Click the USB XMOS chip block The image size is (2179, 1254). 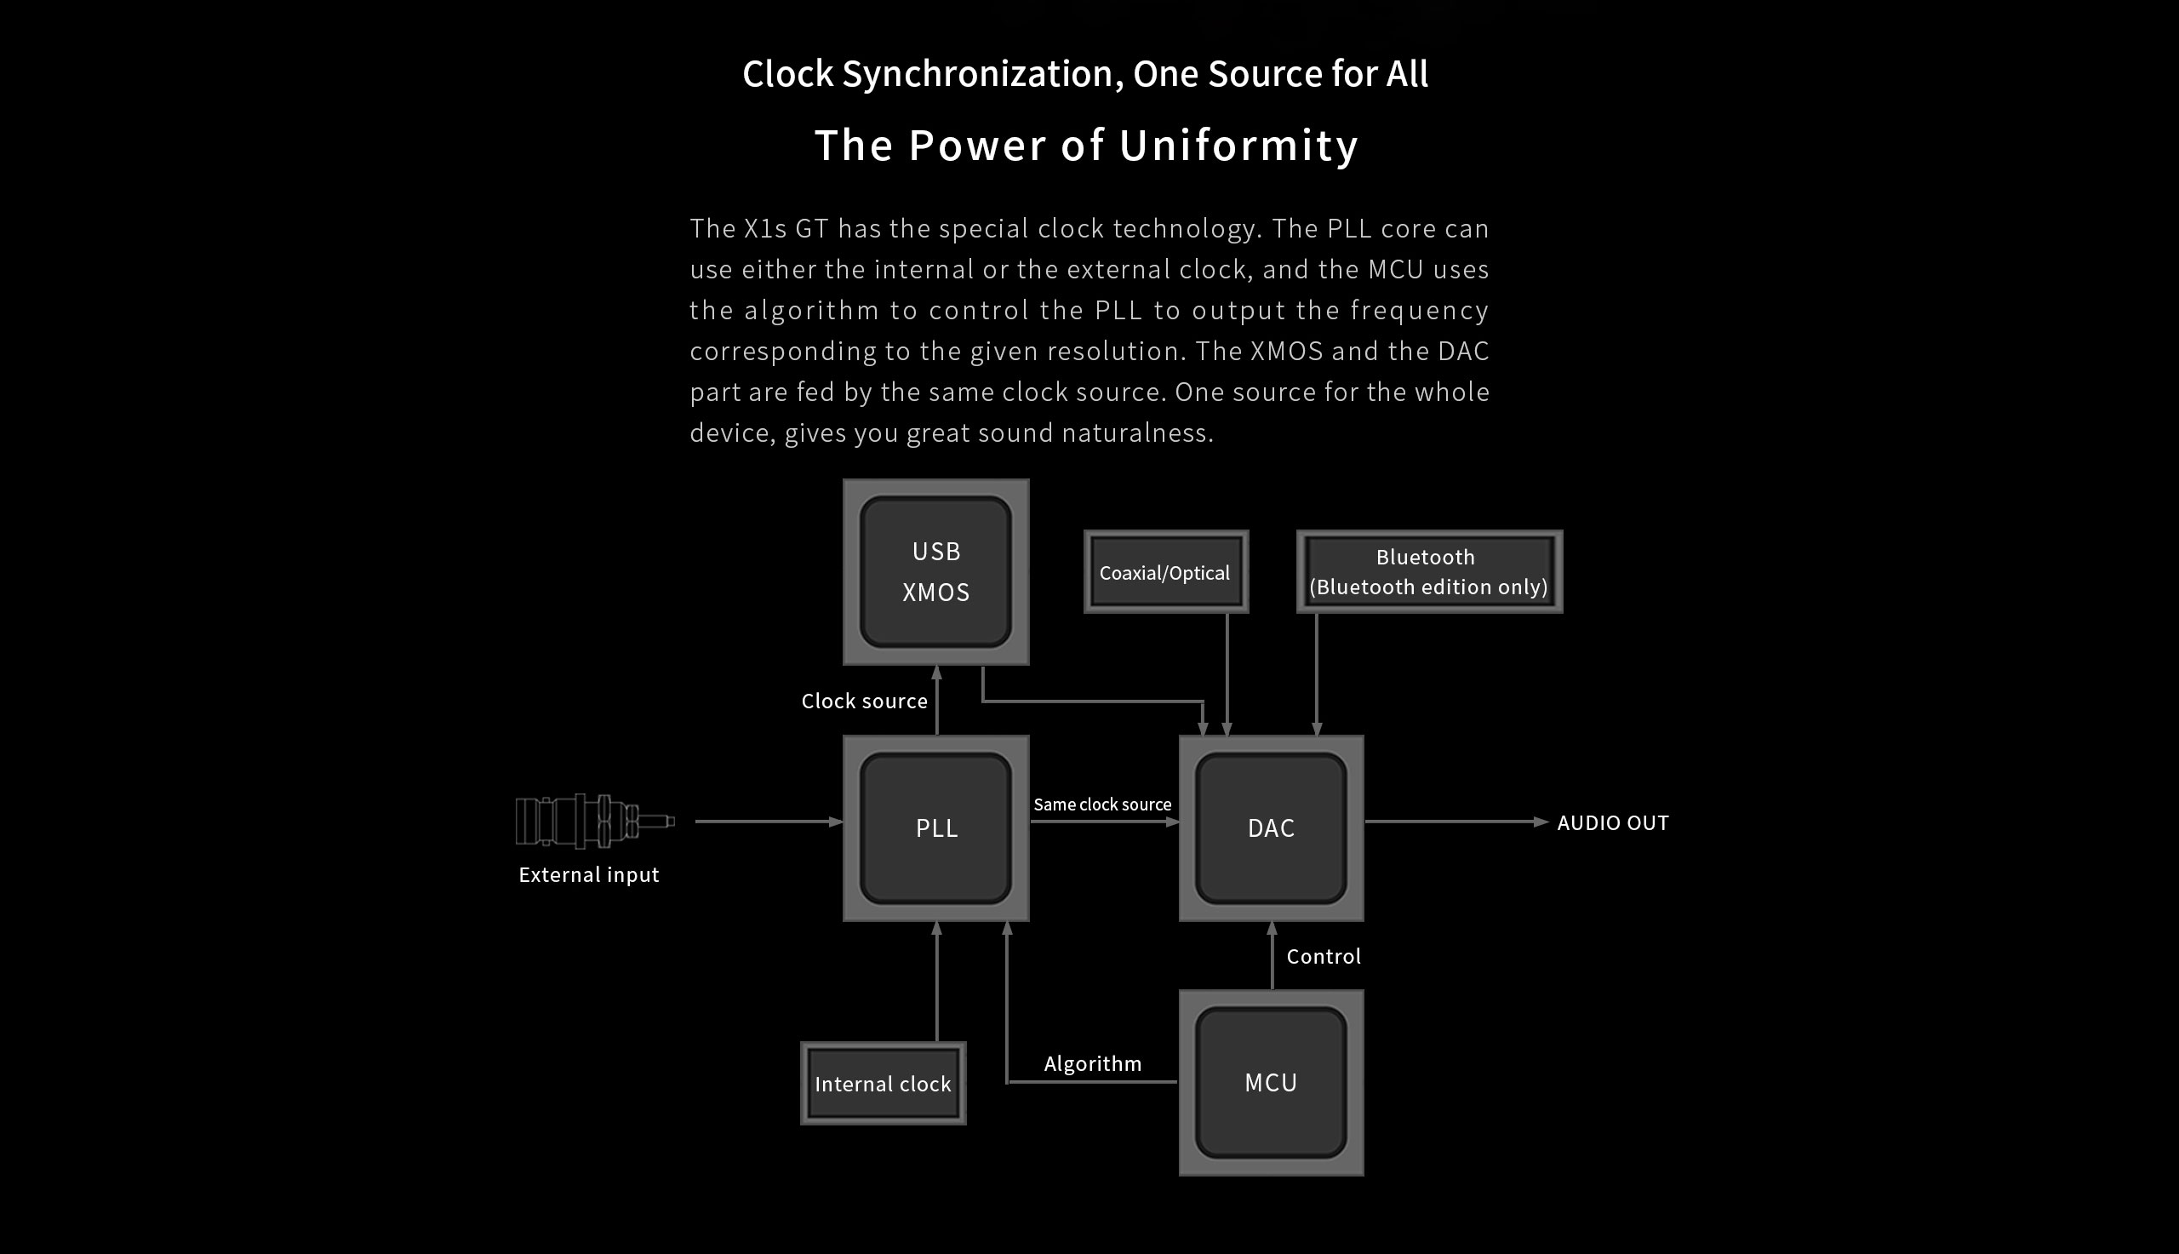tap(935, 572)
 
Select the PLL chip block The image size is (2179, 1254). tap(935, 827)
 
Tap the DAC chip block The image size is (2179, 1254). tap(1271, 827)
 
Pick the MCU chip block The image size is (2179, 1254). tap(1271, 1083)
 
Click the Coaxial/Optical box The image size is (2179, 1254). tap(1166, 573)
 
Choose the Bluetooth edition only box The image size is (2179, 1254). tap(1429, 572)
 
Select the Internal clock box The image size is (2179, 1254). tap(883, 1084)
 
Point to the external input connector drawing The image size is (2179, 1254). tap(594, 821)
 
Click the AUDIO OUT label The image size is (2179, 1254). tap(1612, 823)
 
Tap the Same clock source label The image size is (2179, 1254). tap(1102, 805)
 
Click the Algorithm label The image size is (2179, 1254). tap(1093, 1063)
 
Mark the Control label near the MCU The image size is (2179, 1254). tap(1324, 957)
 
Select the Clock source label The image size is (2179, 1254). tap(865, 701)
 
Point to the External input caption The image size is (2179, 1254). tap(589, 875)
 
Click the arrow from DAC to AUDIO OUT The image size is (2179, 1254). tap(1455, 822)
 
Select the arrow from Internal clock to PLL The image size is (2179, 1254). tap(936, 982)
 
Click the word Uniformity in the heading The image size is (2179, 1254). tap(1238, 145)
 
